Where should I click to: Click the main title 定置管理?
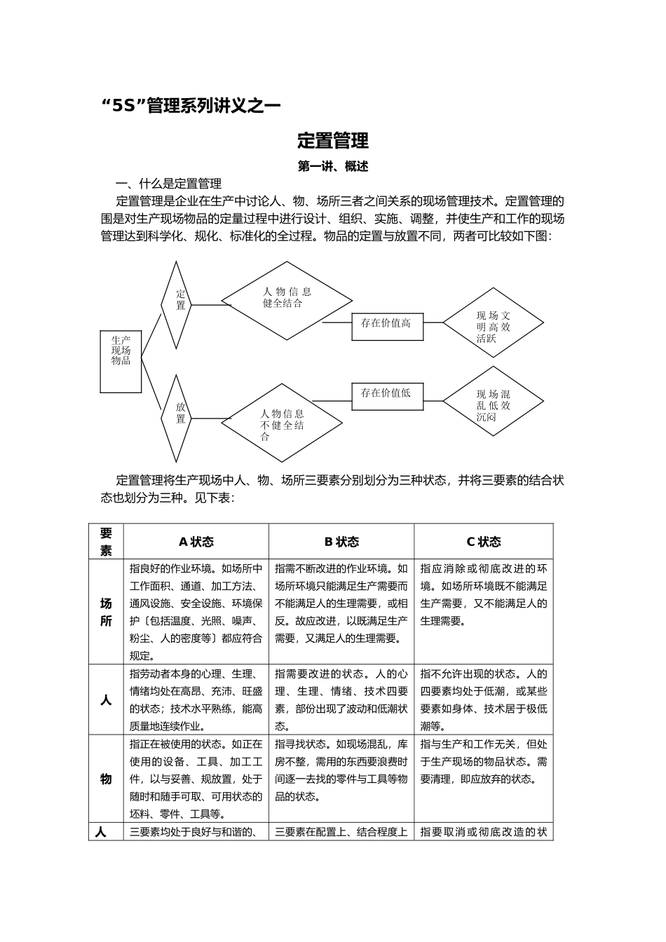click(332, 141)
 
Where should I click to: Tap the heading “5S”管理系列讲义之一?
click(191, 106)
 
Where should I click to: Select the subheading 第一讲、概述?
click(332, 167)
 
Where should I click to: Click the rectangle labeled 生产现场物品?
click(121, 361)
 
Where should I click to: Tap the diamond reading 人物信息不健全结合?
click(283, 423)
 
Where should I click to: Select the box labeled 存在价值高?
click(387, 327)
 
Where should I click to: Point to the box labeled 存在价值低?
click(387, 397)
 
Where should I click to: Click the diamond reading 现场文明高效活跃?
click(494, 323)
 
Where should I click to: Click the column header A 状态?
click(196, 542)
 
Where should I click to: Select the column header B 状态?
click(341, 542)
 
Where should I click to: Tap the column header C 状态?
click(484, 542)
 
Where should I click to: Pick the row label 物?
click(106, 779)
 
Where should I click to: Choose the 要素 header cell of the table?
click(106, 542)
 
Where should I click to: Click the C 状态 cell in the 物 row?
click(484, 779)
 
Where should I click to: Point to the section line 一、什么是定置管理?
click(169, 184)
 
